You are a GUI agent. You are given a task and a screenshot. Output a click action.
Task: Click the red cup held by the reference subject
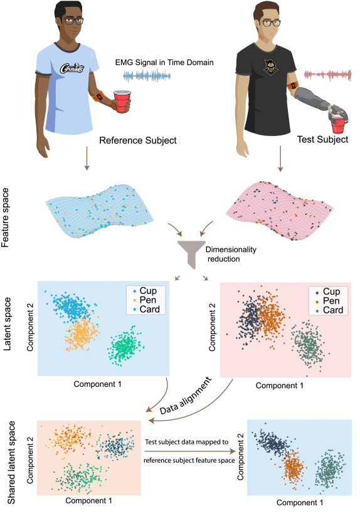(122, 102)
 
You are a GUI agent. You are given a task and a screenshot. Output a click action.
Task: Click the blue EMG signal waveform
(147, 76)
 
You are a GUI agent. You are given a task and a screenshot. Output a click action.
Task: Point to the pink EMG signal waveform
(327, 75)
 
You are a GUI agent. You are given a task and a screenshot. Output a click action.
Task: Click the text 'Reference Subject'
(138, 140)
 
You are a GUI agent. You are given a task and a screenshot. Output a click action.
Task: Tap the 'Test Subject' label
(322, 139)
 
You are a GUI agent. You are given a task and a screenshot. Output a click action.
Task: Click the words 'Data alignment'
(186, 396)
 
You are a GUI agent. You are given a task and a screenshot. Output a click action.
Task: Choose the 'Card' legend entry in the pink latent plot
(329, 310)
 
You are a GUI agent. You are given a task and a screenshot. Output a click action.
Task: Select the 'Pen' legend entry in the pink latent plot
(327, 301)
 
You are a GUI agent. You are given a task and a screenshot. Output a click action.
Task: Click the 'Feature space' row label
(5, 218)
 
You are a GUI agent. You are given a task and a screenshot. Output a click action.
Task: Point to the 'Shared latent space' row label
(11, 463)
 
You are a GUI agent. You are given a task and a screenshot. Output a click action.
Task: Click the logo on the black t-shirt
(270, 66)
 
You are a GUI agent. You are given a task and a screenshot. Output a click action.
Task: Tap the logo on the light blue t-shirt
(71, 68)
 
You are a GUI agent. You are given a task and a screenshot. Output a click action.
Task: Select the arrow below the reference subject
(87, 159)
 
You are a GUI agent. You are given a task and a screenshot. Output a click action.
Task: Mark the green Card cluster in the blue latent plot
(125, 346)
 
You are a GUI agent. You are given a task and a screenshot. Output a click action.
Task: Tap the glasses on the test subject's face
(271, 23)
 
